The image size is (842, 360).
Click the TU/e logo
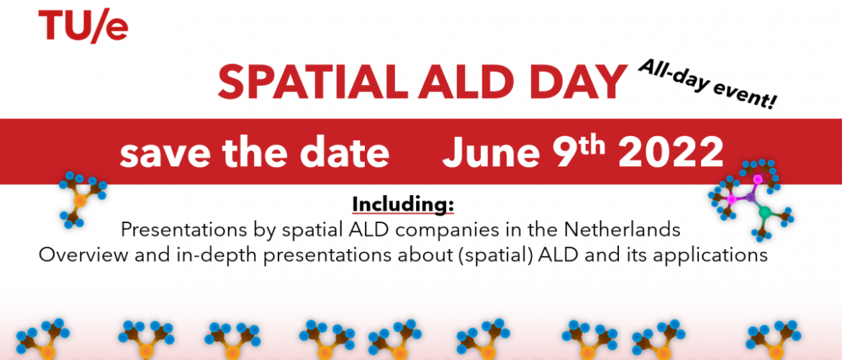pos(83,26)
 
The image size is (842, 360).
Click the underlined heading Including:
pos(403,204)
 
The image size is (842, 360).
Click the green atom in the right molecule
pos(765,212)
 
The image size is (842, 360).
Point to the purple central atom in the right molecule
pos(750,198)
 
